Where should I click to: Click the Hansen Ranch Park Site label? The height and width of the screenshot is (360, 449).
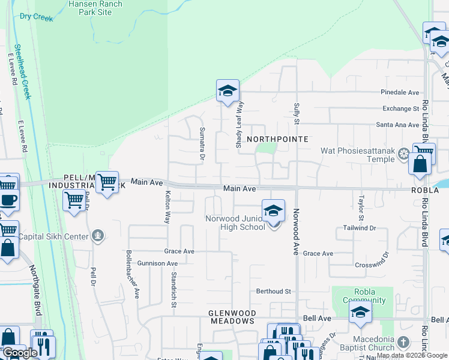click(x=95, y=8)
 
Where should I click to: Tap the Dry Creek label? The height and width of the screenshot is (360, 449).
click(x=36, y=17)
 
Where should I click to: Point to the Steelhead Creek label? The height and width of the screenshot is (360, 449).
click(x=22, y=72)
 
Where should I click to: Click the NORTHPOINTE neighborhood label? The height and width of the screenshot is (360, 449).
click(x=278, y=139)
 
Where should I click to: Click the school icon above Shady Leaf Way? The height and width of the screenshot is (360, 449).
click(x=228, y=92)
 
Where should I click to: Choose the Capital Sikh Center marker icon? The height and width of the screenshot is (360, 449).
click(x=99, y=235)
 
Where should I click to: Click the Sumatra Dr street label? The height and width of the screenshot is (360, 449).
click(x=202, y=144)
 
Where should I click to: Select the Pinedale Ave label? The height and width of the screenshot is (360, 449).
click(x=399, y=92)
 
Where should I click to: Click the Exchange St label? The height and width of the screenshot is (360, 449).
click(x=400, y=109)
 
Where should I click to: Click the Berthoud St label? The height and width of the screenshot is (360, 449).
click(x=273, y=292)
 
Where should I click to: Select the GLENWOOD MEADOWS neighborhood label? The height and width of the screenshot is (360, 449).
click(x=232, y=317)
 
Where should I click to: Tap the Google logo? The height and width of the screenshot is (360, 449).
click(x=20, y=352)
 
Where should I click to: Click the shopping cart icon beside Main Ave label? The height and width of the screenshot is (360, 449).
click(x=107, y=181)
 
